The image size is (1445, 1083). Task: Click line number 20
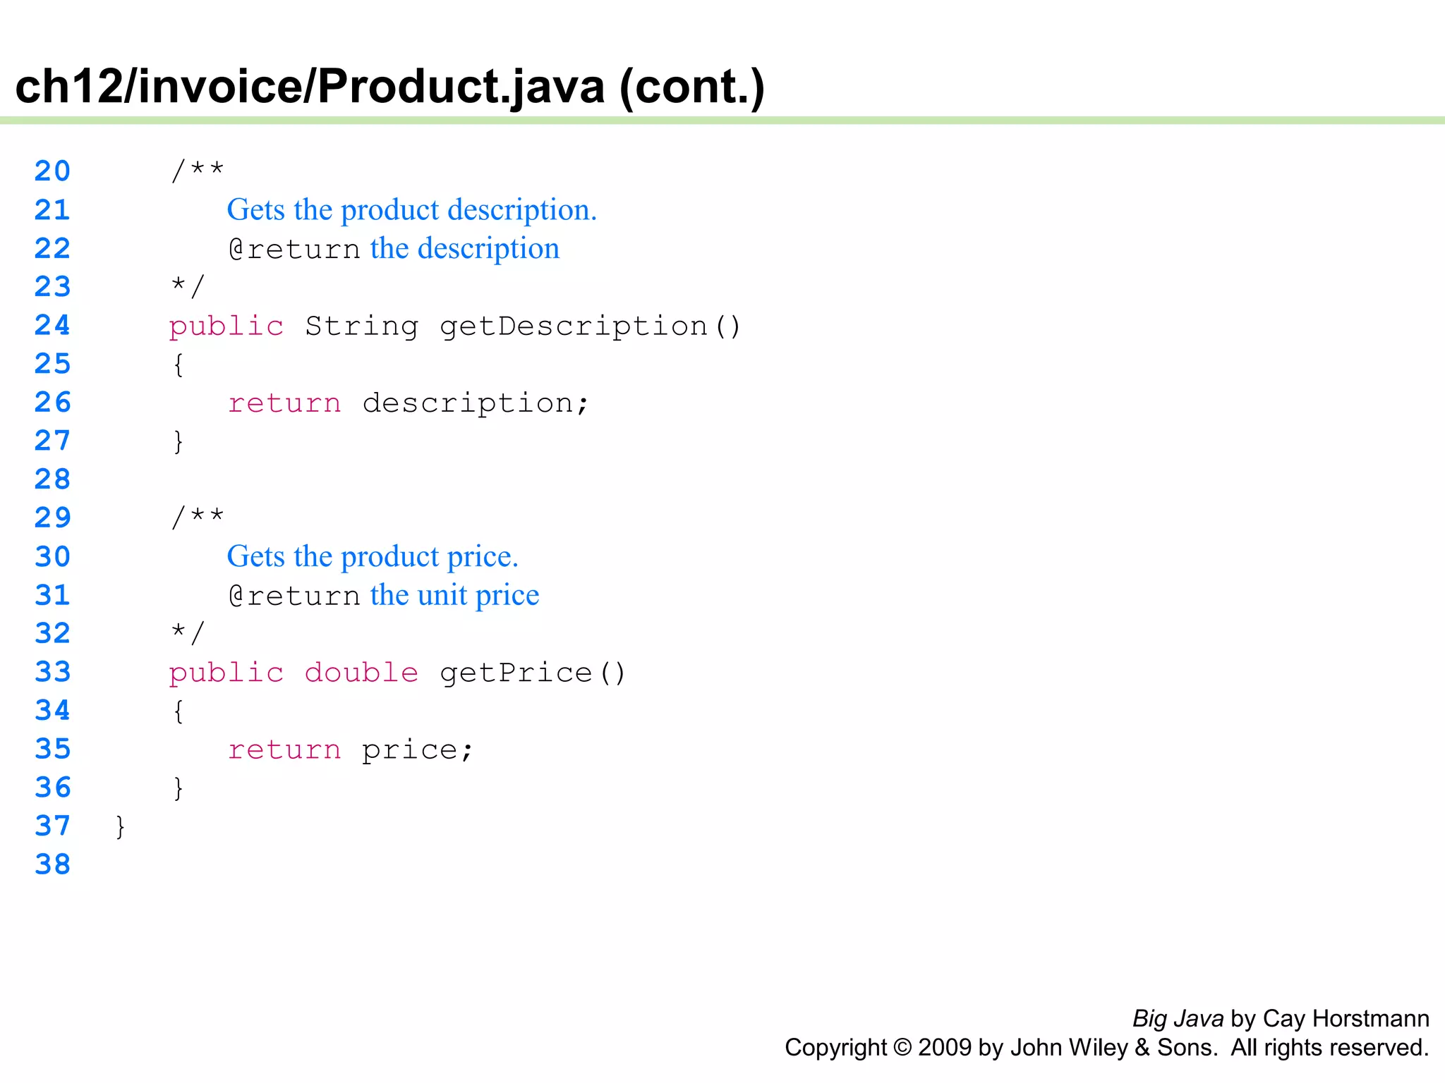[52, 171]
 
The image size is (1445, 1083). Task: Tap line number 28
[52, 479]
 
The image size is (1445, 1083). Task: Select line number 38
[52, 864]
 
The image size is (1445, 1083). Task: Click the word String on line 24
[361, 326]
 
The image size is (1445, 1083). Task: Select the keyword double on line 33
[361, 673]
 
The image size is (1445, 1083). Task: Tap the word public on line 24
[226, 326]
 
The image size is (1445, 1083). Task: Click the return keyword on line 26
[284, 403]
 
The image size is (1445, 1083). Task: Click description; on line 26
[476, 403]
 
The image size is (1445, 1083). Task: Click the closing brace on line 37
[121, 826]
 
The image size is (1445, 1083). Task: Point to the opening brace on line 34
[179, 711]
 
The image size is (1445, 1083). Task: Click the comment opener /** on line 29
[198, 518]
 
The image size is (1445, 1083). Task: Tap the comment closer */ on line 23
[188, 286]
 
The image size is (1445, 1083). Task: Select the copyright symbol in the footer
[902, 1048]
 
